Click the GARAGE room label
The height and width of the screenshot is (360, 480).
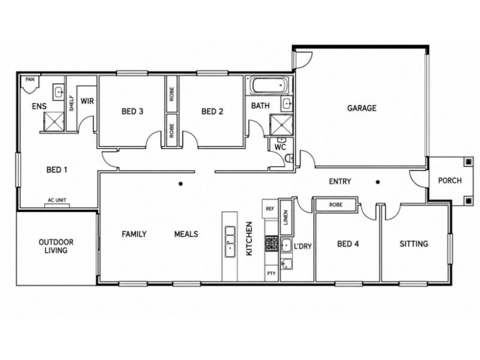pos(362,108)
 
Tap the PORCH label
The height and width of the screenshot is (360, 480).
pos(449,181)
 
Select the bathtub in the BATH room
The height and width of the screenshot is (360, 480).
pos(269,85)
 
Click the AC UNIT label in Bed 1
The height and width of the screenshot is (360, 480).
pos(57,200)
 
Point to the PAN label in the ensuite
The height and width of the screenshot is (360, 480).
pos(29,80)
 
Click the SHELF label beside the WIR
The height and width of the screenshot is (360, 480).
pos(71,103)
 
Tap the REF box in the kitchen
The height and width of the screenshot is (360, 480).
pos(269,209)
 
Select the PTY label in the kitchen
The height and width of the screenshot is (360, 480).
pos(271,274)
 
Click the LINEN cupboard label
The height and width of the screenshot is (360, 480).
pos(286,217)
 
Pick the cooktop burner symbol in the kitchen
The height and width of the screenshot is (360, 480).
pos(272,244)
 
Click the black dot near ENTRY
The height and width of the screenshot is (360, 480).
pos(378,182)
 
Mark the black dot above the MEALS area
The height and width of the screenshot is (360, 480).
pos(181,184)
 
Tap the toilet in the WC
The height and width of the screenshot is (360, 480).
pos(289,158)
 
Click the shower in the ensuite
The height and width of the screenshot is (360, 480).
pos(53,122)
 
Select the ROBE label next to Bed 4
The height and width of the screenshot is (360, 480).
pos(335,205)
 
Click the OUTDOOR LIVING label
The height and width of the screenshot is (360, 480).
pos(56,246)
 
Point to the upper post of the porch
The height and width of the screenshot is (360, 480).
pos(468,161)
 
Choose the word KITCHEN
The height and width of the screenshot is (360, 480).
pos(249,239)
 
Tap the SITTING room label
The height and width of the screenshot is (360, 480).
pos(414,244)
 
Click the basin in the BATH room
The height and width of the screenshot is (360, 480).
pos(287,104)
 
